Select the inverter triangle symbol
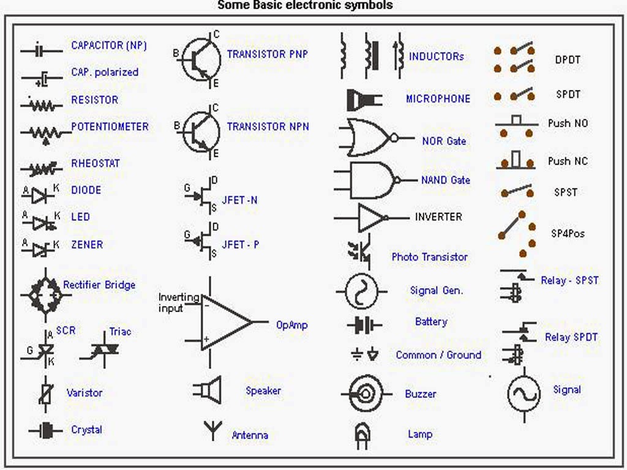371,217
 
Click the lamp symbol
362,435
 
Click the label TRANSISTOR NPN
268,127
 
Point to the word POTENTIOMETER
110,127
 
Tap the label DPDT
567,60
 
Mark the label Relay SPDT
571,337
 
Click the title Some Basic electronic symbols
306,6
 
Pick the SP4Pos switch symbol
514,233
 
